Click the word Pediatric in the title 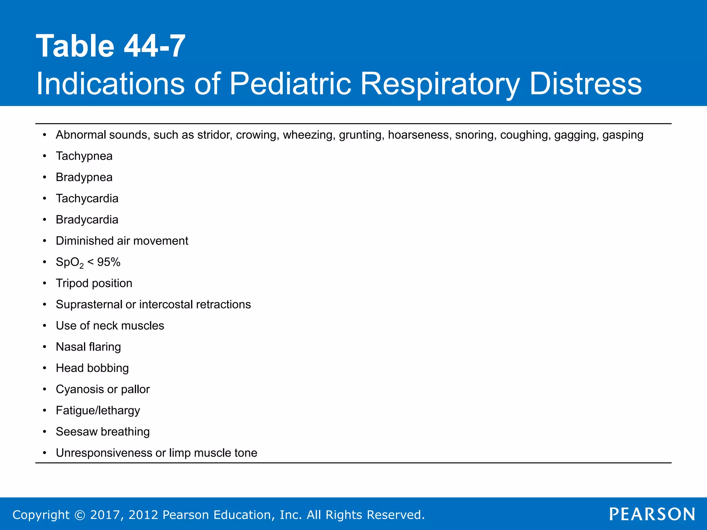tap(290, 84)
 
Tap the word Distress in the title tap(585, 84)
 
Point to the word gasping tap(623, 135)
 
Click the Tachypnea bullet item tap(84, 156)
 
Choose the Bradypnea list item tap(84, 177)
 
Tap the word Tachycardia tap(87, 198)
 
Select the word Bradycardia tap(87, 220)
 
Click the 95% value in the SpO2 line tap(109, 262)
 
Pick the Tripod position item tap(94, 283)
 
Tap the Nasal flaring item tap(88, 347)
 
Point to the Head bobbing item tap(92, 368)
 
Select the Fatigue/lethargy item tap(98, 411)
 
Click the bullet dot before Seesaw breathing tap(45, 432)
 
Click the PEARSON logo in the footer tap(652, 514)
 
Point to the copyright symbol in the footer tap(80, 515)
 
